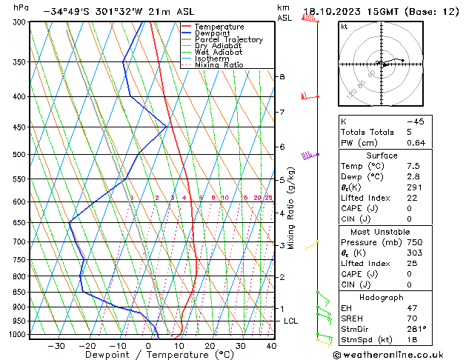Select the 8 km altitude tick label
click(x=282, y=77)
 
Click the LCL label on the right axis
click(x=290, y=321)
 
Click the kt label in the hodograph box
click(x=344, y=26)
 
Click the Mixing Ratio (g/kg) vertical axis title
click(x=291, y=208)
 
